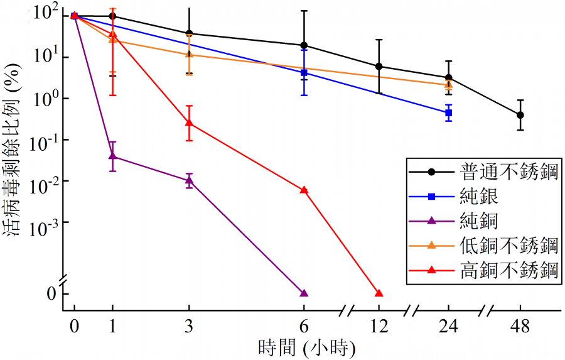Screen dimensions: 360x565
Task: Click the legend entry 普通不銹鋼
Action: click(508, 172)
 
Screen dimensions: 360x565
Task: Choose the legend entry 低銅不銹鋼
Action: click(508, 245)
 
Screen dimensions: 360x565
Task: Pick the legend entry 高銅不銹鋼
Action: click(508, 270)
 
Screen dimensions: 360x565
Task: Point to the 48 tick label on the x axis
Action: click(521, 327)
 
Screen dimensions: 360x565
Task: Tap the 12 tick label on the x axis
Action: click(379, 327)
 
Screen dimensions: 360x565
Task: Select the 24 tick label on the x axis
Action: click(448, 327)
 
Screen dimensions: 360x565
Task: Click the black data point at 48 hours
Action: click(520, 115)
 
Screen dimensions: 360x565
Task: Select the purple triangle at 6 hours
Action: click(304, 293)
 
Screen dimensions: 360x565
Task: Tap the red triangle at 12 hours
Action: click(379, 293)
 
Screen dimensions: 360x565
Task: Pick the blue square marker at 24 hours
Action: click(448, 113)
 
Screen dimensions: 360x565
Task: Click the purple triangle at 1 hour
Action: click(112, 155)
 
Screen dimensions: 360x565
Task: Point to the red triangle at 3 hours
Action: click(189, 123)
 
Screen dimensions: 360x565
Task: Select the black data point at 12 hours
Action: click(379, 66)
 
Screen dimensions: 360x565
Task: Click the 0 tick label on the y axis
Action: click(51, 293)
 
